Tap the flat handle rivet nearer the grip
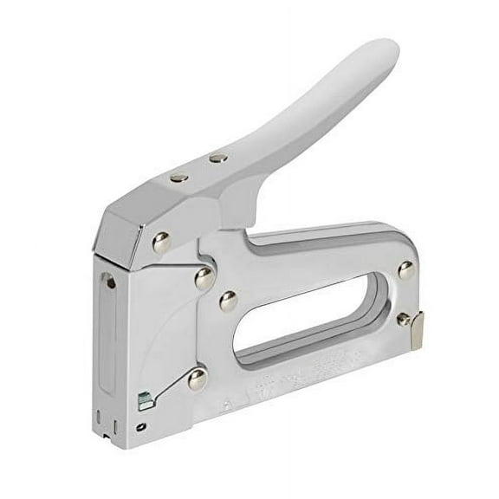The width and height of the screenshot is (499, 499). click(x=218, y=158)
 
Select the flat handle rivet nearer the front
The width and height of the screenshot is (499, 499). click(x=179, y=177)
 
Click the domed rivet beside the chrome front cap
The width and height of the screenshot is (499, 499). click(x=162, y=243)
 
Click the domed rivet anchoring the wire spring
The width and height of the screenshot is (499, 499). click(x=197, y=377)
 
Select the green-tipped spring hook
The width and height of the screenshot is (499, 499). click(x=143, y=400)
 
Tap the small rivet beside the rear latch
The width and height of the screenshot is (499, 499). click(x=402, y=320)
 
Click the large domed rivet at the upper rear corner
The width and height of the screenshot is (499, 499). click(x=405, y=270)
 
